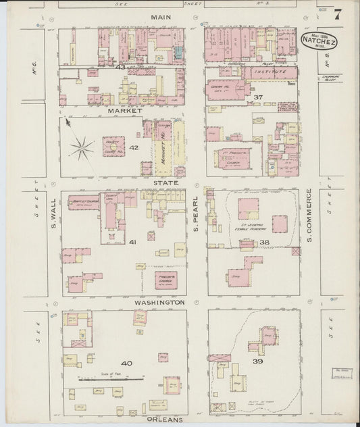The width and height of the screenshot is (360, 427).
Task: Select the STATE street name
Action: [165, 182]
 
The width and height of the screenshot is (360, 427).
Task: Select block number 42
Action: [134, 147]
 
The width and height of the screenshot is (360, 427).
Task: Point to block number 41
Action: [133, 242]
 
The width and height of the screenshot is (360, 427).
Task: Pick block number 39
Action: [257, 363]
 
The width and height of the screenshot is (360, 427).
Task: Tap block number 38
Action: [264, 242]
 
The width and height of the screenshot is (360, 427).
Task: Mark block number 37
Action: [257, 98]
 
